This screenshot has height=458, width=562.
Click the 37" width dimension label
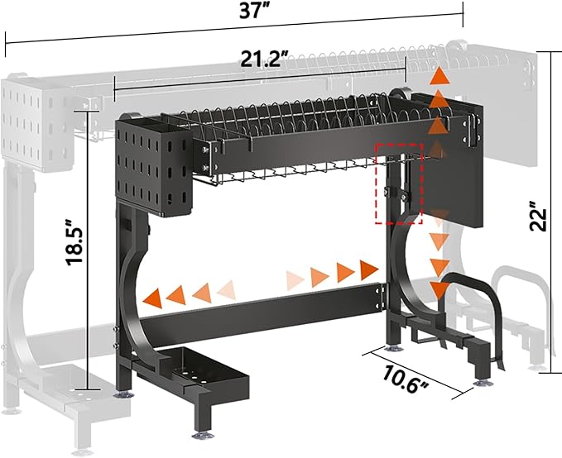pos(254,10)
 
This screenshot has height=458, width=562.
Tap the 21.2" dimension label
pos(264,59)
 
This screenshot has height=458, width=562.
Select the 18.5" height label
pos(75,242)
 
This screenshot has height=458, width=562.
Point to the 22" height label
pos(538,216)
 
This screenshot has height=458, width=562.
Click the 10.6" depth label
pos(405,379)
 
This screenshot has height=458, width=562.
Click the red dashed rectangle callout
pos(399,184)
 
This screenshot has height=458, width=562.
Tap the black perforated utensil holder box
pos(153,167)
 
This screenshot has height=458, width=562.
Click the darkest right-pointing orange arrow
pos(369,270)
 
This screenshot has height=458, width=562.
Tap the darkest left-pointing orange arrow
pos(152,298)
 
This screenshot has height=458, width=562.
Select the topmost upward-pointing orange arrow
pos(440,76)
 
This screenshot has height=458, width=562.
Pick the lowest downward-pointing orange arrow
pos(440,290)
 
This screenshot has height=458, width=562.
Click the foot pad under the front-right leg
pos(484,384)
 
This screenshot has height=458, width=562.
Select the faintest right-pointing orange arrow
pos(295,280)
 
